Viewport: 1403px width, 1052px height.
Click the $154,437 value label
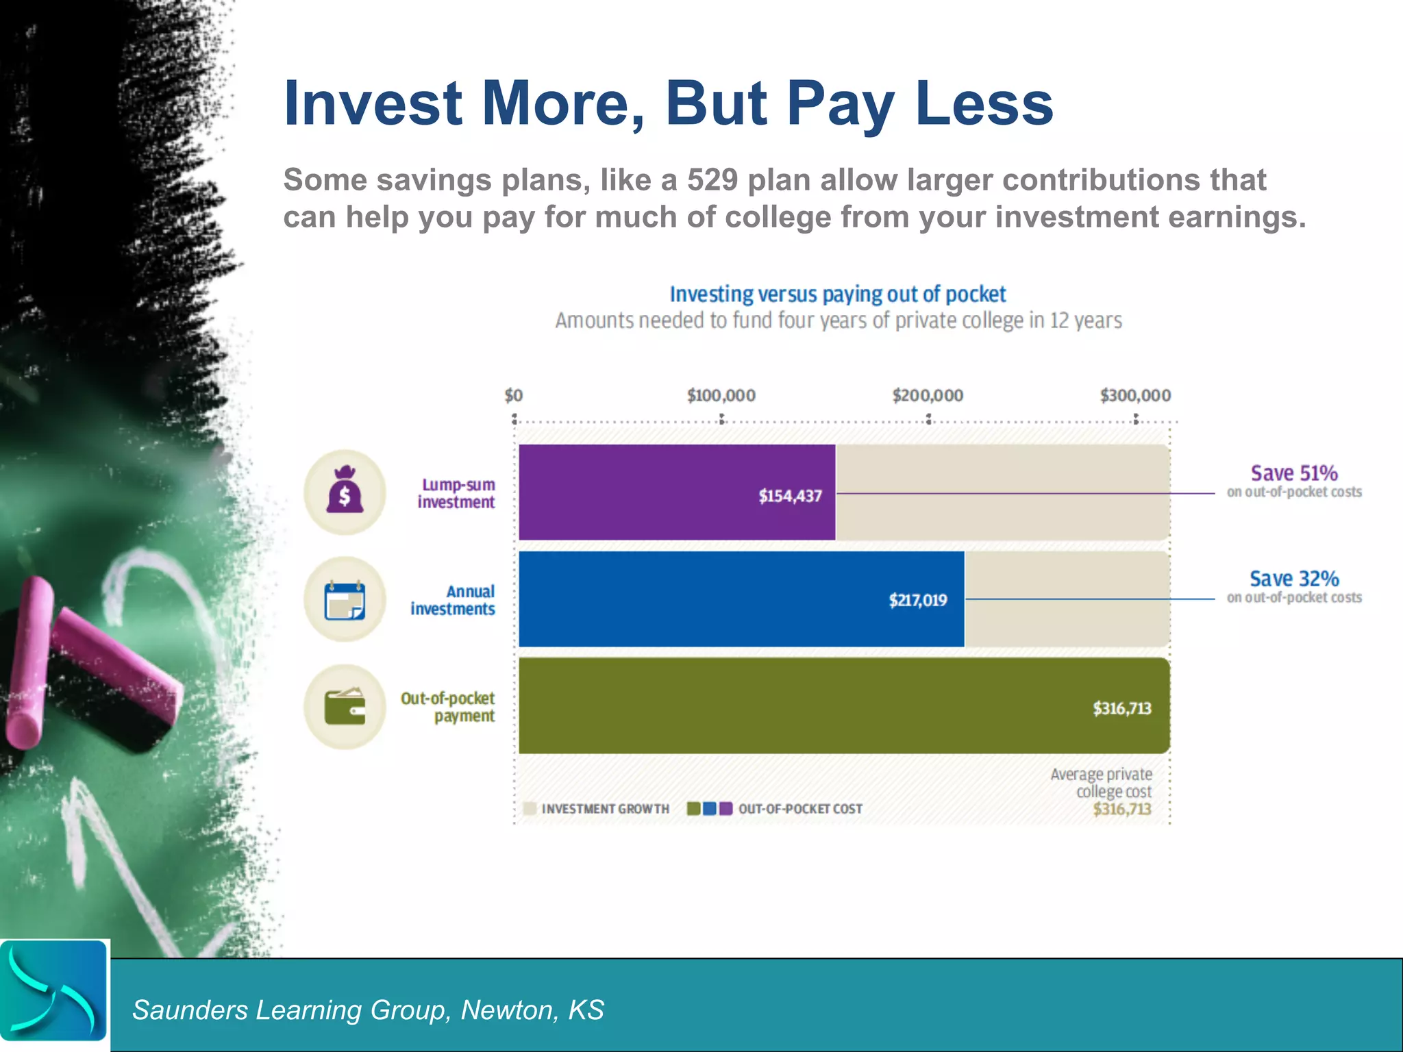point(790,496)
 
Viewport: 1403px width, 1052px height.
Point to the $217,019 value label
point(918,601)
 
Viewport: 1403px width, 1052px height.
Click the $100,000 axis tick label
point(721,395)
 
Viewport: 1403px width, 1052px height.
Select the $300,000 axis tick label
point(1135,395)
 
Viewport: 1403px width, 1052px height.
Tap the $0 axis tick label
point(514,395)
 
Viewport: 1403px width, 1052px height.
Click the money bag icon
point(345,491)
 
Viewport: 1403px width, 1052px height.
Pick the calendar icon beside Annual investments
point(345,599)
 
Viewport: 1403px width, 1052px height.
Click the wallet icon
point(345,706)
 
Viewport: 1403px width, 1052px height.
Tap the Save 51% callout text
point(1293,473)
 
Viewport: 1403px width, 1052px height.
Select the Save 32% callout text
point(1293,579)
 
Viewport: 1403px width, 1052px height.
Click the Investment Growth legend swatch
point(530,809)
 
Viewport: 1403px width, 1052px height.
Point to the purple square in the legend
point(726,809)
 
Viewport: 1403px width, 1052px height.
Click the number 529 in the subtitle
point(712,180)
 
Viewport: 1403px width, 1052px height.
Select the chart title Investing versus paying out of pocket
point(837,295)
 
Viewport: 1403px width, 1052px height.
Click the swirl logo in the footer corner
point(53,991)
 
